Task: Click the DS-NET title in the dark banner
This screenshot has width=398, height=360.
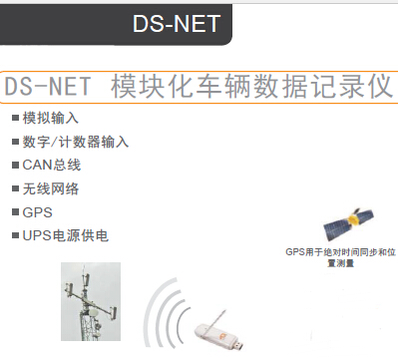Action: click(x=177, y=24)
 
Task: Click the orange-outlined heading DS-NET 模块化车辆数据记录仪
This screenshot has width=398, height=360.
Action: click(x=199, y=87)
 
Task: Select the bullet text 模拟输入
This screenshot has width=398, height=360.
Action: click(x=51, y=118)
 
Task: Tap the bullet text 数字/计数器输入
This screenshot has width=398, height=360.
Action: click(x=76, y=142)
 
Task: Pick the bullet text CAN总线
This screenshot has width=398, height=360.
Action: click(x=52, y=165)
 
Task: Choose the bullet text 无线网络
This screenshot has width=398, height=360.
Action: click(x=51, y=188)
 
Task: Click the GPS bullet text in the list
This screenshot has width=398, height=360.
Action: click(x=37, y=212)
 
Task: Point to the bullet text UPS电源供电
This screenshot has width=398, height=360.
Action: click(x=66, y=235)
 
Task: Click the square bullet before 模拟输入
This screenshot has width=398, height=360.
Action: click(x=15, y=118)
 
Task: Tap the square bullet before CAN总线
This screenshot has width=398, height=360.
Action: click(x=15, y=165)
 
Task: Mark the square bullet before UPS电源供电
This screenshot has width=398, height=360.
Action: click(x=15, y=235)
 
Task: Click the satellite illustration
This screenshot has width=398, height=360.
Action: click(x=348, y=223)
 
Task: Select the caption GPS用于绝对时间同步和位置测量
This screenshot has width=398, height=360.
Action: click(x=341, y=257)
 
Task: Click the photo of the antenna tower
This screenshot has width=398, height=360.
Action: click(x=91, y=301)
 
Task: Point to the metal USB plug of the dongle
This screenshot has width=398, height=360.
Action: click(x=238, y=345)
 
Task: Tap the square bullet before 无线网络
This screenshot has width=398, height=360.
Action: click(x=15, y=188)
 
